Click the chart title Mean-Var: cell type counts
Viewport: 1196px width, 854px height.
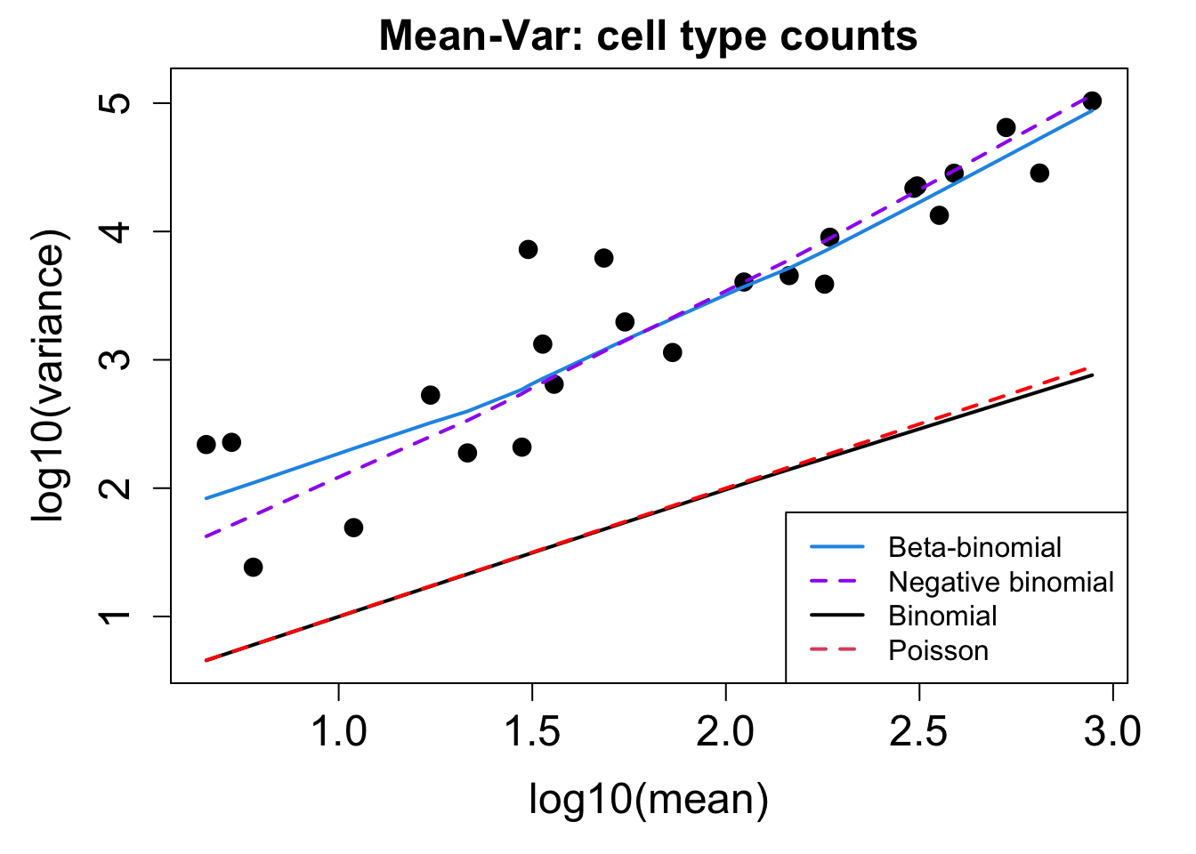(648, 37)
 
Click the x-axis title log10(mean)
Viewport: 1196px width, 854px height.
(648, 799)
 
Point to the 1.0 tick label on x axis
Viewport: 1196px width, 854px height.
(338, 732)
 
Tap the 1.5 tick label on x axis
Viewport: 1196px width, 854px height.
(532, 732)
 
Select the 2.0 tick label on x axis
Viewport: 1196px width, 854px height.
(725, 732)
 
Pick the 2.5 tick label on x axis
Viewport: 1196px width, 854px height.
(919, 732)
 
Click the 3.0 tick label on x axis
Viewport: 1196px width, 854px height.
(1112, 732)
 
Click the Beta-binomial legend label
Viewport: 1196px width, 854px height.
(974, 548)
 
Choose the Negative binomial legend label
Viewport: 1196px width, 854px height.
(1001, 583)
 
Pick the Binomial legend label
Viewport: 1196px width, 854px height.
(942, 616)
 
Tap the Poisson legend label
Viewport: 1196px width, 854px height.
(938, 651)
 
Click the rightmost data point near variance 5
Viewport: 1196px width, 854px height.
(1092, 101)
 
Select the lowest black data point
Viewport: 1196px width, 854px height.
(253, 567)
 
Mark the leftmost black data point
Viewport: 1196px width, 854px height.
(206, 444)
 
